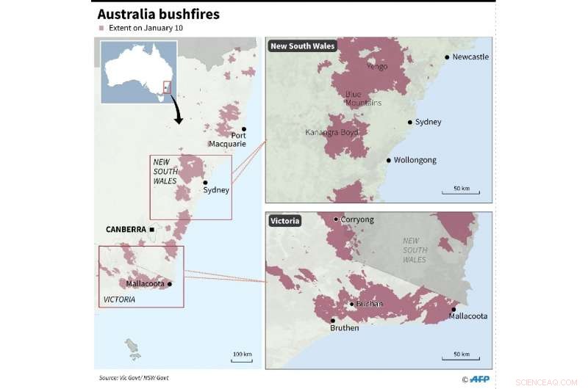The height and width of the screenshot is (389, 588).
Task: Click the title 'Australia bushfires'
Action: tap(159, 14)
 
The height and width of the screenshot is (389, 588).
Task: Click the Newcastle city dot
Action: tap(446, 57)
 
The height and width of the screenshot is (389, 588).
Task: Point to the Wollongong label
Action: tap(415, 160)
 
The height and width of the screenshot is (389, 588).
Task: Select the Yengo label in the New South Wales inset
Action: tap(376, 66)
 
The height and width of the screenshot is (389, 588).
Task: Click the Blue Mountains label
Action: tap(363, 98)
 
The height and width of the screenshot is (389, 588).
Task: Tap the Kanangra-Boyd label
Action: tap(331, 132)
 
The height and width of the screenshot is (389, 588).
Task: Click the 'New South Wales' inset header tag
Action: tap(302, 46)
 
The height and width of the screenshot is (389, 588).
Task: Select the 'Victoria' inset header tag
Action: tap(285, 220)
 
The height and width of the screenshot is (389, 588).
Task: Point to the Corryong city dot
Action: tap(336, 219)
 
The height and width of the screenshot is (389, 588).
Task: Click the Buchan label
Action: tap(369, 304)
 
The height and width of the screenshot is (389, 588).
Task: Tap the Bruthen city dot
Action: tap(332, 320)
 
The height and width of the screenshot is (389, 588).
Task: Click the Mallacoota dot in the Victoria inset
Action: tap(453, 309)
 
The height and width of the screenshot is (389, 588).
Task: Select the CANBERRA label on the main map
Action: tap(125, 230)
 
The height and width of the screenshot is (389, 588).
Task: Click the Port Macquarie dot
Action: tap(244, 128)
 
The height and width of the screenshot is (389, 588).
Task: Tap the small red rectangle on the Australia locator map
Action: tap(166, 87)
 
